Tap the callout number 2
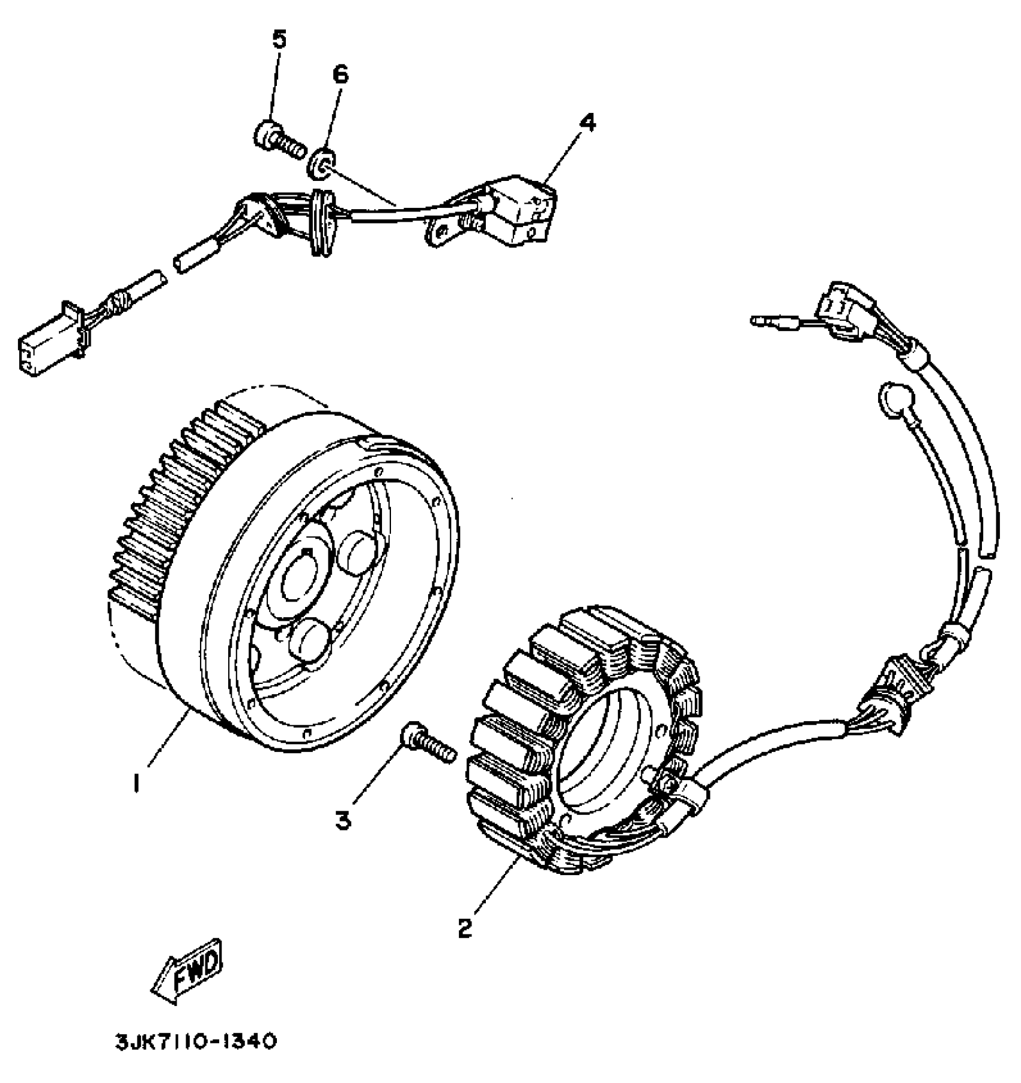[465, 927]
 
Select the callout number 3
[344, 820]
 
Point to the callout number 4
[587, 123]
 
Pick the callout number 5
[279, 40]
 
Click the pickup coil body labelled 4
[520, 207]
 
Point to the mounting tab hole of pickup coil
[443, 233]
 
